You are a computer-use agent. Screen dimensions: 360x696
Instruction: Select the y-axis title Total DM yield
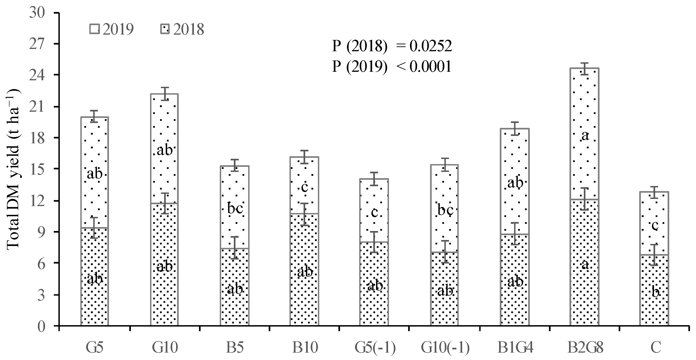click(x=13, y=168)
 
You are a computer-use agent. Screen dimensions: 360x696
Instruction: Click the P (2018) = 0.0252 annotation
click(x=392, y=46)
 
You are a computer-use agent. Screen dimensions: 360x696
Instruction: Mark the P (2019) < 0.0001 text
click(x=392, y=66)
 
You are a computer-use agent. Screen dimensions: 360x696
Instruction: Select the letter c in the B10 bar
click(x=304, y=187)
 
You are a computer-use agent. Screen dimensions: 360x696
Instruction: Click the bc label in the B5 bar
click(x=235, y=209)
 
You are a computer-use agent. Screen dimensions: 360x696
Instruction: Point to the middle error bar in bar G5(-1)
click(x=374, y=242)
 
